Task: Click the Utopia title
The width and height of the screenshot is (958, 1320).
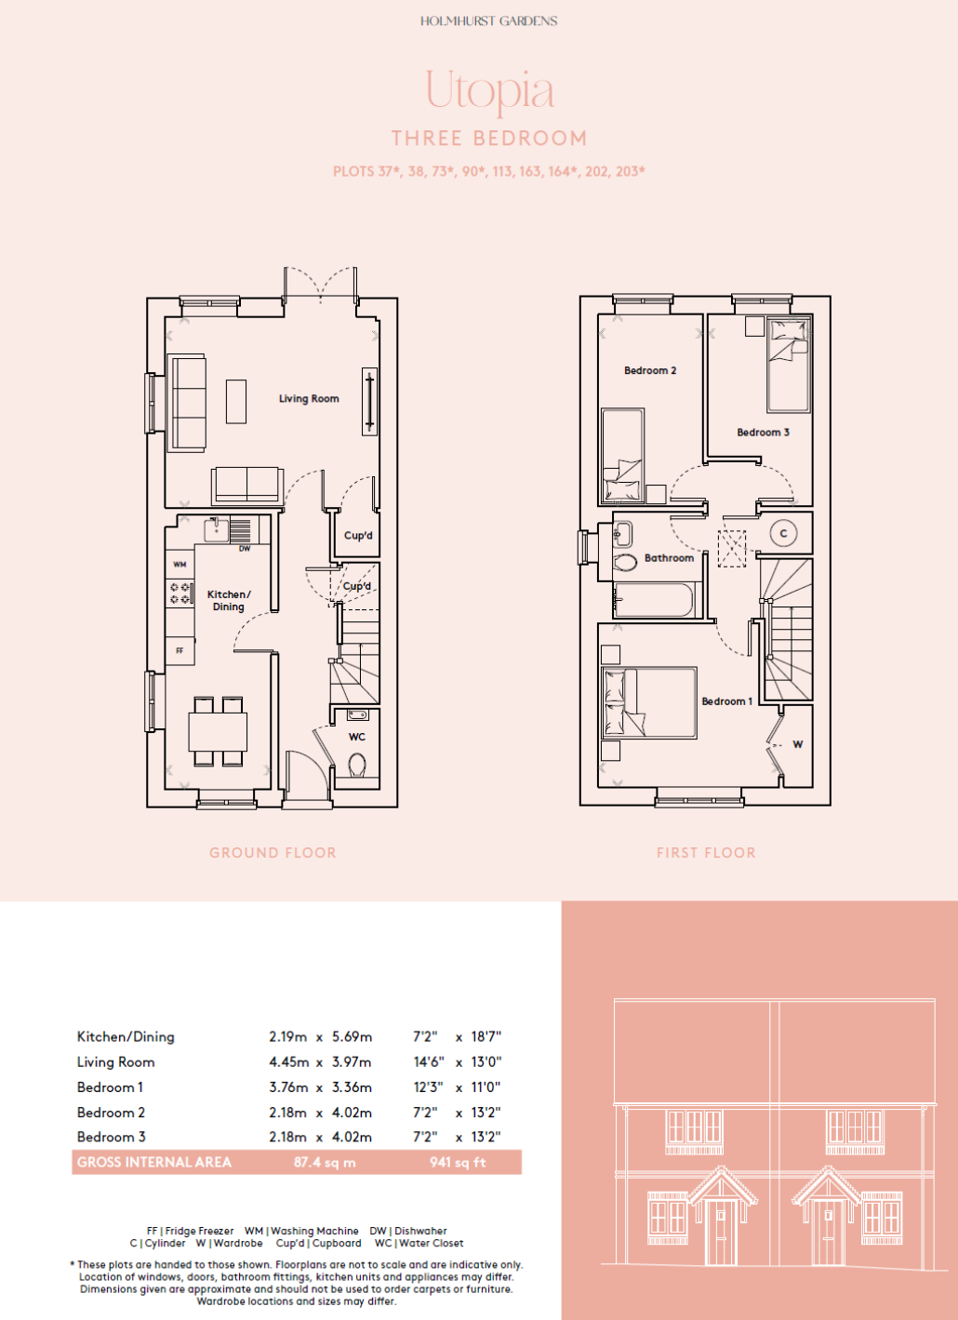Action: [489, 92]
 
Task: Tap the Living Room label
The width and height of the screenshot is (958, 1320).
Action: [309, 398]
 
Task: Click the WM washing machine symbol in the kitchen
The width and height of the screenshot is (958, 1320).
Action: [180, 564]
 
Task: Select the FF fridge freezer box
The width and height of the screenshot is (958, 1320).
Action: [180, 650]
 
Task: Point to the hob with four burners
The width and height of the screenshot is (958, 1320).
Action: [180, 593]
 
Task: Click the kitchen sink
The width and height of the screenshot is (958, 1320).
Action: [216, 529]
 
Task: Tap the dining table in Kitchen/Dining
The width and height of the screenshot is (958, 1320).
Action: [218, 731]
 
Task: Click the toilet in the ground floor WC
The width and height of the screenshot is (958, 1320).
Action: [357, 766]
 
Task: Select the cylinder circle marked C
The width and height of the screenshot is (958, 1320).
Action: [783, 533]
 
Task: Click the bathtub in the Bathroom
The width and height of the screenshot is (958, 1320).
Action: [655, 600]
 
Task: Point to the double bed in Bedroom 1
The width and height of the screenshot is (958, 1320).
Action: [648, 702]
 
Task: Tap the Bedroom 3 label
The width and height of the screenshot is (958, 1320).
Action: [763, 432]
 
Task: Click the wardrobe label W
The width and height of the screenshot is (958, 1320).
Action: [798, 744]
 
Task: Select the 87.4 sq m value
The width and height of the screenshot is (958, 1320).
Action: [325, 1162]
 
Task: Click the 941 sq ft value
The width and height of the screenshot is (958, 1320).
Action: [458, 1162]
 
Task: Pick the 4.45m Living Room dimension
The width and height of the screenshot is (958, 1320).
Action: [288, 1062]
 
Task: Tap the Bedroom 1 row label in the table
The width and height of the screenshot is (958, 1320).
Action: [110, 1087]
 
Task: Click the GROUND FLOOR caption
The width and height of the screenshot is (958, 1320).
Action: [273, 853]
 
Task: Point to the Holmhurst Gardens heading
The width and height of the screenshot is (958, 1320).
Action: [488, 21]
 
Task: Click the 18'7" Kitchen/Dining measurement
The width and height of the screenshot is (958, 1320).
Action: [486, 1036]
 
